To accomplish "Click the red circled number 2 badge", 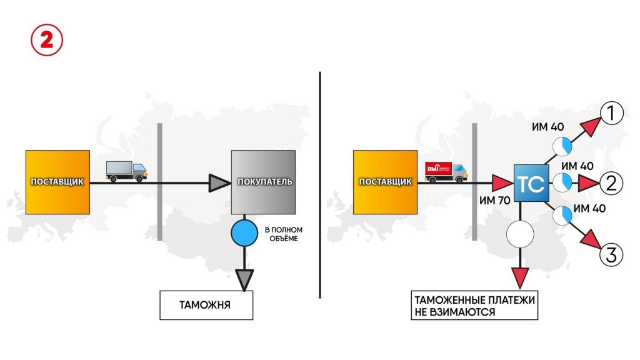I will click(x=46, y=39).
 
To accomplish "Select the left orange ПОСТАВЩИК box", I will click(x=58, y=181).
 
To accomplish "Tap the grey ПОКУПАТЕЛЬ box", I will click(x=262, y=182).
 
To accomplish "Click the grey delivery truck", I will click(x=127, y=171).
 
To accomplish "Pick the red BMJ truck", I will click(x=446, y=172).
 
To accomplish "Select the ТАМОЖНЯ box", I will click(x=206, y=306).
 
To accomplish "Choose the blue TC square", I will click(x=531, y=183).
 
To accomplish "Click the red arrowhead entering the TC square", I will click(x=502, y=183).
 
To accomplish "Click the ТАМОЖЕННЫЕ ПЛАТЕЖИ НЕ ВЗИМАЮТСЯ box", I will click(x=474, y=306).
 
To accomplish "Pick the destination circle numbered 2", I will click(x=612, y=183).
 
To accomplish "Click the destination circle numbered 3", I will click(x=612, y=254).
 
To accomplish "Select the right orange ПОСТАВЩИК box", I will click(x=386, y=181).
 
